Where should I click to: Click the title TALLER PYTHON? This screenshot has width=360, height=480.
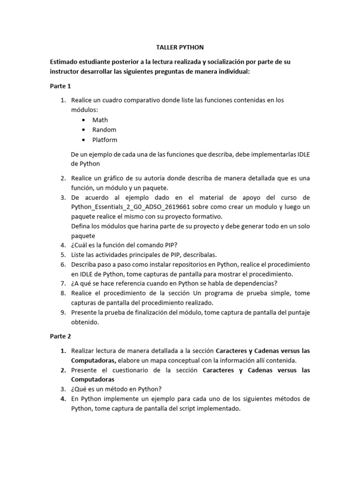[180, 47]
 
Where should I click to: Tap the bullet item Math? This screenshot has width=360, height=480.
[100, 120]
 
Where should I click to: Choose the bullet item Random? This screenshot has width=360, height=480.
[104, 130]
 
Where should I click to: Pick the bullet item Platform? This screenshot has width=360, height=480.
[105, 140]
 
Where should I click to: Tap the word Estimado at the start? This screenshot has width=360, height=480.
[66, 62]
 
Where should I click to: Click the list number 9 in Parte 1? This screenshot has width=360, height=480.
[63, 312]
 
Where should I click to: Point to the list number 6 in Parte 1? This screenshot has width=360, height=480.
[63, 264]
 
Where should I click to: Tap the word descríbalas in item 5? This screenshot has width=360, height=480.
[199, 255]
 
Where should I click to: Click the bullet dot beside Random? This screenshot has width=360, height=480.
[83, 130]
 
